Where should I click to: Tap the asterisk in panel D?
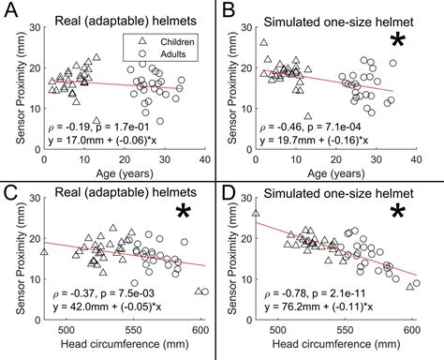(397, 217)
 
